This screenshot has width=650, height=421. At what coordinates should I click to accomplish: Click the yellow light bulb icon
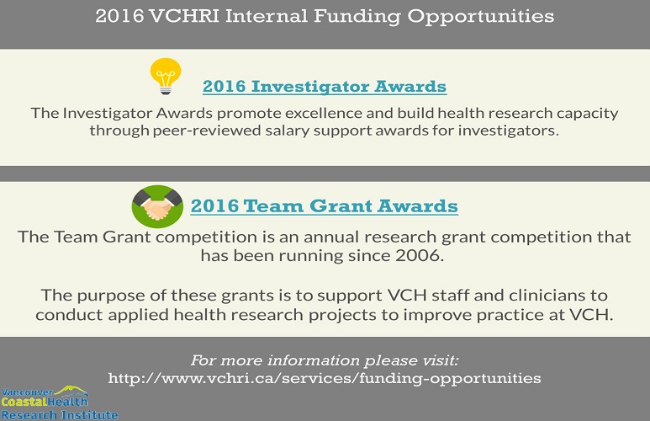coord(166,76)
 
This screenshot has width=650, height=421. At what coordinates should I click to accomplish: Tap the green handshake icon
coord(157,206)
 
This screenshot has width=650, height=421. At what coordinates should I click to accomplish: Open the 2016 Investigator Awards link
coord(325,87)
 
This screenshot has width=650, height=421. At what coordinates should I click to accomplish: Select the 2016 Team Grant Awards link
coord(325,206)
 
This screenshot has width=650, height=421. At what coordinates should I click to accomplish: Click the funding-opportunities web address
coord(325,378)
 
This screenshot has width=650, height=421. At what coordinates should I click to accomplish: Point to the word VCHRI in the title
coord(183,17)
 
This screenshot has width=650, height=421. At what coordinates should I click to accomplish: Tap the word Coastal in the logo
coord(24,402)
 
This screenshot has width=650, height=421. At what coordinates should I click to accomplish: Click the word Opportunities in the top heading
coord(481,17)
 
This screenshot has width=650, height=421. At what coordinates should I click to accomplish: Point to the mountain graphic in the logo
coord(71,391)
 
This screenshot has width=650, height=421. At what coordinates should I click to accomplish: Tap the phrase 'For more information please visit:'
coord(325,360)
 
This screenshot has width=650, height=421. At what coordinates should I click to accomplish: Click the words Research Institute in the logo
coord(60,415)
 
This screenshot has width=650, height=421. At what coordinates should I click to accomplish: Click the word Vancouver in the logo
coord(27,392)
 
